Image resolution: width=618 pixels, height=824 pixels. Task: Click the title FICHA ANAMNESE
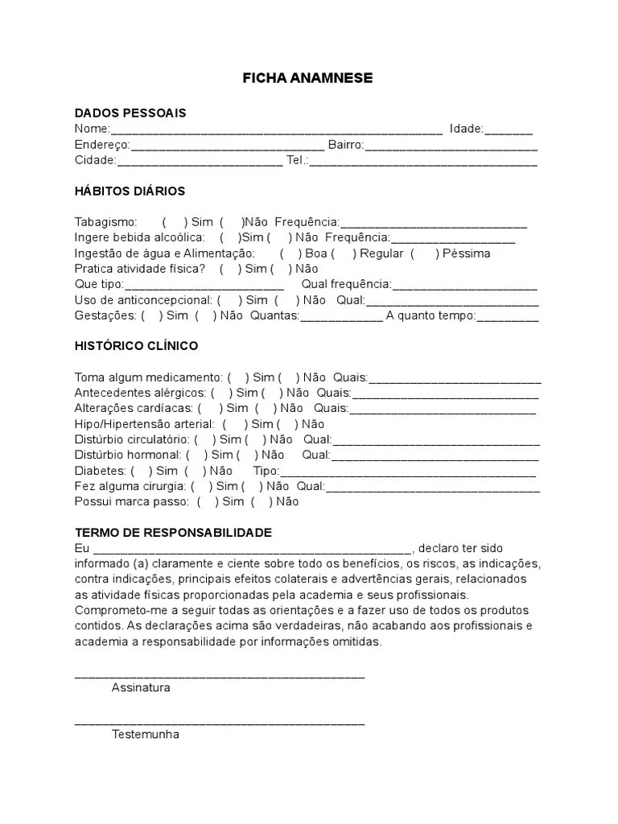pyautogui.click(x=308, y=78)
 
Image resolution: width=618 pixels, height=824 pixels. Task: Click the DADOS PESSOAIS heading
pyautogui.click(x=130, y=113)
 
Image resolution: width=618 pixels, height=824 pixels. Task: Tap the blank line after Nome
pyautogui.click(x=276, y=130)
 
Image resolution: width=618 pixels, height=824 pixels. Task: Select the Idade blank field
pyautogui.click(x=508, y=130)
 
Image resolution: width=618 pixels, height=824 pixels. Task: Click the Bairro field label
pyautogui.click(x=346, y=145)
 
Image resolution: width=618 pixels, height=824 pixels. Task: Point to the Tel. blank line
pyautogui.click(x=423, y=162)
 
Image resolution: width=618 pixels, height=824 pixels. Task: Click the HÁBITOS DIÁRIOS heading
pyautogui.click(x=130, y=191)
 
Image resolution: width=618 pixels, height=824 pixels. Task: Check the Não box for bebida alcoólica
pyautogui.click(x=279, y=237)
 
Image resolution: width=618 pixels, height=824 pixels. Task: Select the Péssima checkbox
pyautogui.click(x=424, y=253)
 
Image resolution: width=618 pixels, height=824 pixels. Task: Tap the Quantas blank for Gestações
pyautogui.click(x=341, y=317)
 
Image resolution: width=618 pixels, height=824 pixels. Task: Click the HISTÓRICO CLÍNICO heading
pyautogui.click(x=136, y=346)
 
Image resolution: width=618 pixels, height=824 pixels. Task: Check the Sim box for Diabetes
pyautogui.click(x=140, y=471)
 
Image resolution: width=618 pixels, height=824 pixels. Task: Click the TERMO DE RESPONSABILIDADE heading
pyautogui.click(x=173, y=533)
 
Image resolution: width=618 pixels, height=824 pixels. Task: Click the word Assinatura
pyautogui.click(x=141, y=688)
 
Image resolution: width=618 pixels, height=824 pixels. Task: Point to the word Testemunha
pyautogui.click(x=146, y=735)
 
